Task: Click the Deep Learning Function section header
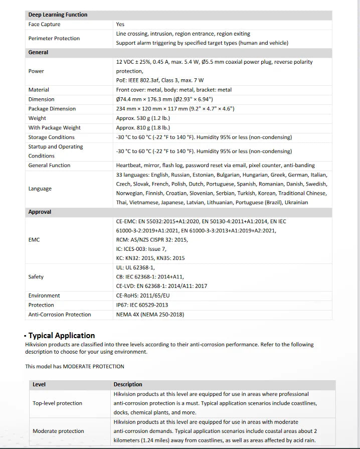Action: (58, 15)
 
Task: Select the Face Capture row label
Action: (44, 24)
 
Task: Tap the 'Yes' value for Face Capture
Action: (120, 24)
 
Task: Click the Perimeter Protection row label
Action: (54, 38)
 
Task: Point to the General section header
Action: (38, 52)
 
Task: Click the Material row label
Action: (39, 90)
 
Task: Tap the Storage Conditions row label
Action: (51, 137)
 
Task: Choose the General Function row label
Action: (49, 165)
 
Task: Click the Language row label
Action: (40, 189)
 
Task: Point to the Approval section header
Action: (40, 212)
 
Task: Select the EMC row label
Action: (34, 240)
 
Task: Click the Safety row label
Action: (36, 277)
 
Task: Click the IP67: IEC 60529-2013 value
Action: (142, 305)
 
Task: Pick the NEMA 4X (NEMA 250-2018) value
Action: (150, 315)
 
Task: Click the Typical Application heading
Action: (61, 336)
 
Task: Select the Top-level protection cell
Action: (57, 403)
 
